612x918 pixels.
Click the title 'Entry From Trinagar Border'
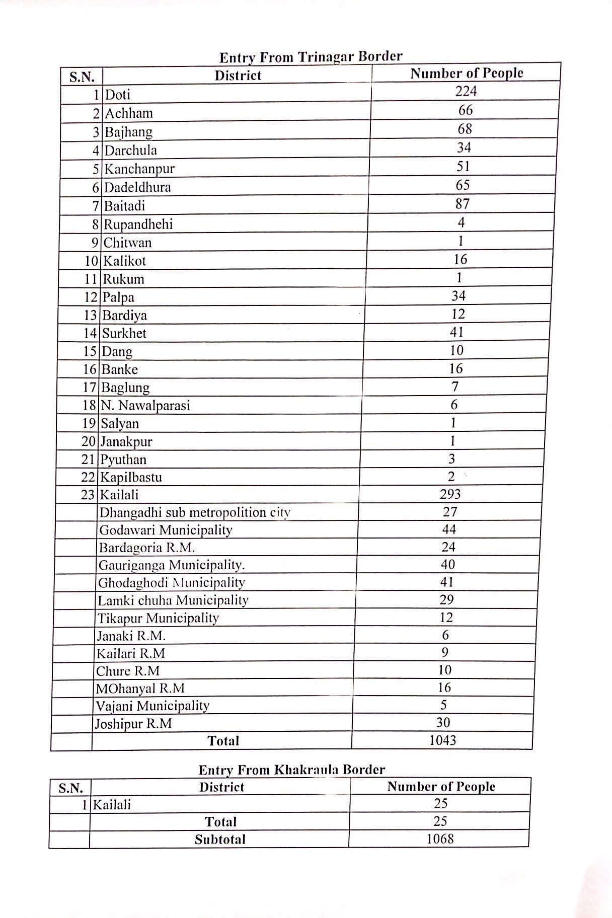[x=311, y=56]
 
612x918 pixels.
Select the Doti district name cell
[x=118, y=95]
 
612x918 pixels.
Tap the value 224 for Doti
[x=466, y=91]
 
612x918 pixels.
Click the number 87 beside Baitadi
[x=462, y=204]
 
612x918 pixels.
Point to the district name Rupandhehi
[x=138, y=224]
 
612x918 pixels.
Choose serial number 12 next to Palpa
[x=91, y=297]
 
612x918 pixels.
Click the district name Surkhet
[x=124, y=333]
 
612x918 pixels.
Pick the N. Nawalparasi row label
[x=145, y=406]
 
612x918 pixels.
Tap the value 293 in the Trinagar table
[x=450, y=494]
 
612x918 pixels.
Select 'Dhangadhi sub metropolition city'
[x=195, y=512]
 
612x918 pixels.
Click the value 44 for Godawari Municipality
[x=448, y=529]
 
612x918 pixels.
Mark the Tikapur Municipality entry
[x=158, y=618]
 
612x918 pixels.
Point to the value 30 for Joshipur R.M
[x=443, y=723]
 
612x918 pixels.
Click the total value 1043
[x=442, y=740]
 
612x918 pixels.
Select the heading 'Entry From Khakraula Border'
[x=291, y=770]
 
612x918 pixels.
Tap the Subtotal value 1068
[x=440, y=839]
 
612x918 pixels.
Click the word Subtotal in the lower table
[x=220, y=839]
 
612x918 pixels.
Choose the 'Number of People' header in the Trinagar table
[x=467, y=73]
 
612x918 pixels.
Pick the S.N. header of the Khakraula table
[x=70, y=788]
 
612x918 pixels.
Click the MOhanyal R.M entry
[x=140, y=688]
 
